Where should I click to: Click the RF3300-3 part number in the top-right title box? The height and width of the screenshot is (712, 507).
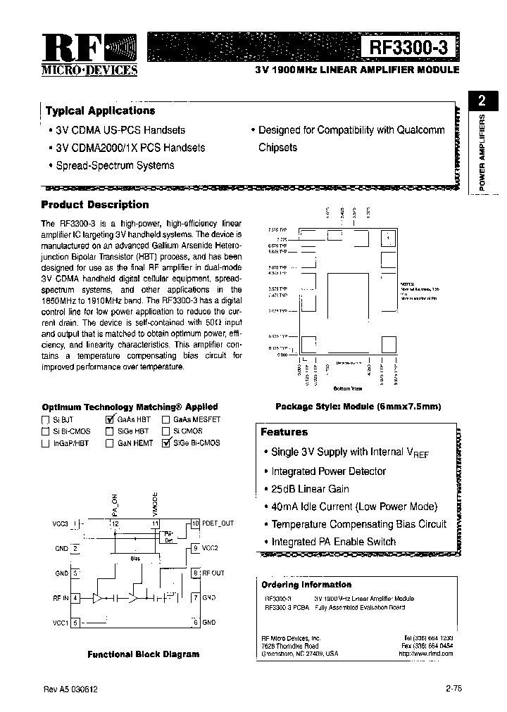413,47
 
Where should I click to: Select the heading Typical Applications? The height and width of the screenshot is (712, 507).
100,111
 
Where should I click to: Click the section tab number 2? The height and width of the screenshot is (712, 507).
482,100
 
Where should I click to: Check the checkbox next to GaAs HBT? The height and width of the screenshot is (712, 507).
110,419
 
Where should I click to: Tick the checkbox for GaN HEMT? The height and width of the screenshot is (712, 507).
110,443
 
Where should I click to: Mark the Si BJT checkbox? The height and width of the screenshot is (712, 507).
46,419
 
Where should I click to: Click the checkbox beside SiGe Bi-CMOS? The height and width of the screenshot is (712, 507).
167,443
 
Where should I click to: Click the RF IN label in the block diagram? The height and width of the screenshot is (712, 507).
61,597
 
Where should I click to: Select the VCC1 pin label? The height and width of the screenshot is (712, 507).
61,623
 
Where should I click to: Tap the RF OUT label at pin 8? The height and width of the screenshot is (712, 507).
213,573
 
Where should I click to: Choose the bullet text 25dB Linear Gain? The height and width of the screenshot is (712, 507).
310,489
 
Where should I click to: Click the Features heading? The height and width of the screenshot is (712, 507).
284,432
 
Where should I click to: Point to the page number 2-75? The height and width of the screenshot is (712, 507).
453,689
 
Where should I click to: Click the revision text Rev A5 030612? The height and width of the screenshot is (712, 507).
69,690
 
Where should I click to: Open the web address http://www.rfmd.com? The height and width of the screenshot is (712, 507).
425,654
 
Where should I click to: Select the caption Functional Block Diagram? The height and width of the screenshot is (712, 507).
143,654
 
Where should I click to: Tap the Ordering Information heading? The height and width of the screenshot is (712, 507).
306,585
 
